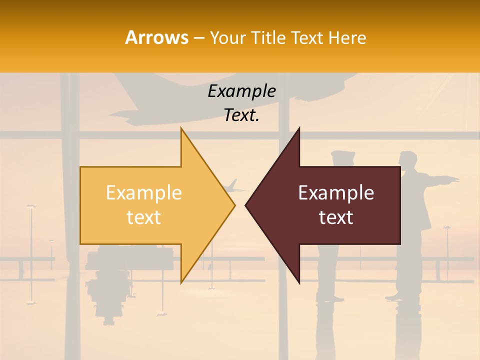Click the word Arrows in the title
pyautogui.click(x=156, y=37)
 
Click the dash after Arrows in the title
pyautogui.click(x=198, y=38)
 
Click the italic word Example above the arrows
pyautogui.click(x=241, y=91)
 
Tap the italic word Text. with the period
pyautogui.click(x=241, y=115)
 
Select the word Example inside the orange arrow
pyautogui.click(x=144, y=193)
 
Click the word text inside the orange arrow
pyautogui.click(x=144, y=217)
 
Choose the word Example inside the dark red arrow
pyautogui.click(x=336, y=193)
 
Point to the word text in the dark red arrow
pyautogui.click(x=336, y=217)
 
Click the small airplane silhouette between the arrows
pyautogui.click(x=234, y=188)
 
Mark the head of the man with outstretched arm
pyautogui.click(x=408, y=158)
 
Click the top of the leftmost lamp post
pyautogui.click(x=31, y=206)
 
